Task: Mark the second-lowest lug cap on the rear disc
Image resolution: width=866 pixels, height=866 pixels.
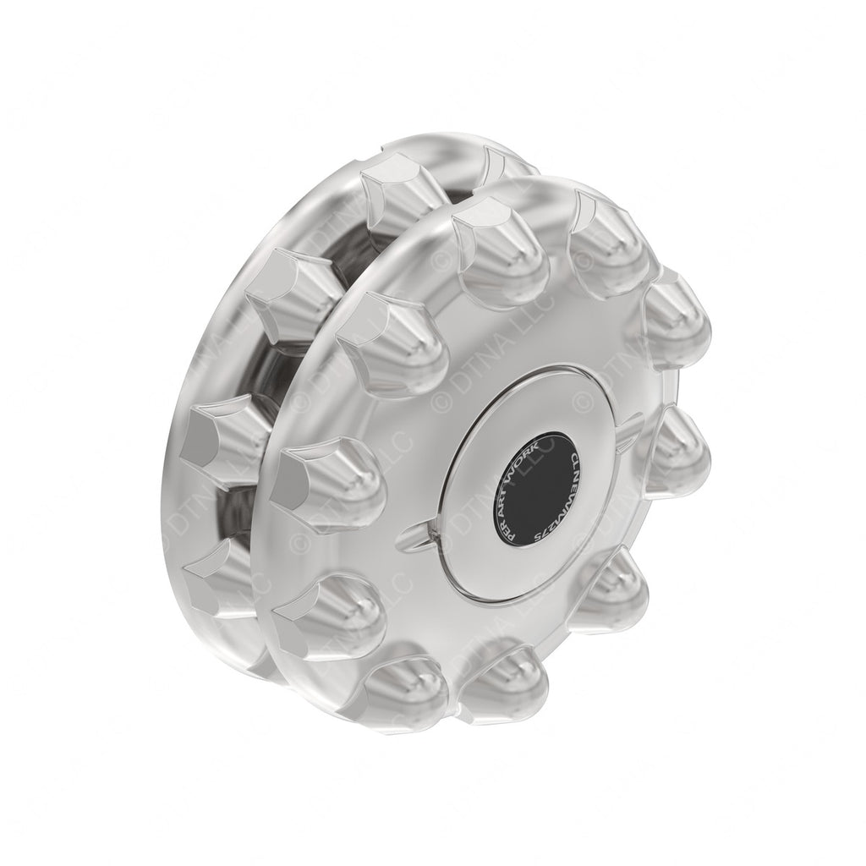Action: click(220, 440)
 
